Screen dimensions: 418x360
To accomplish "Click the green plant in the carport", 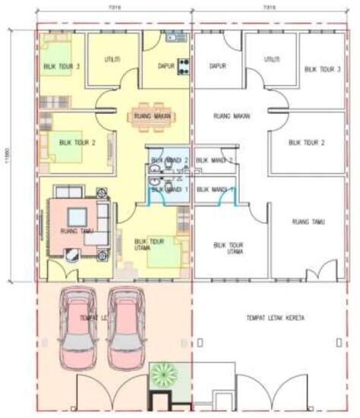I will click(163, 374).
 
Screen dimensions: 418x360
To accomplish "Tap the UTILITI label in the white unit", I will click(270, 59).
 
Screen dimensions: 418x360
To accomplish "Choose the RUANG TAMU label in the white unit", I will click(308, 222).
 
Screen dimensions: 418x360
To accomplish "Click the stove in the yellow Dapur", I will click(183, 63).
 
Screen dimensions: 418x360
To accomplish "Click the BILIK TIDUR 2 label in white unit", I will click(307, 142).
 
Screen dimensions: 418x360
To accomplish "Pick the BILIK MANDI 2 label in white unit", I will click(214, 161).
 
